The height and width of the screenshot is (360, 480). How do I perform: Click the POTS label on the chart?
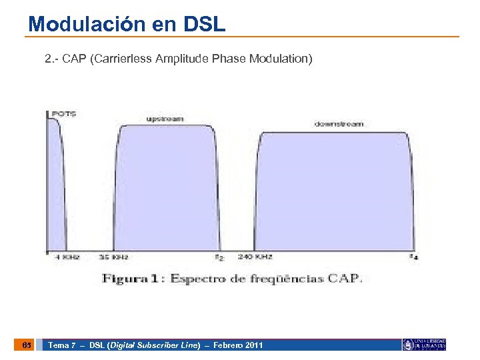(x=64, y=113)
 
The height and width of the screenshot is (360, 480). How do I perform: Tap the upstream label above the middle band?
(x=165, y=119)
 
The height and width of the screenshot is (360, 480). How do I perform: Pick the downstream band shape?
(x=333, y=193)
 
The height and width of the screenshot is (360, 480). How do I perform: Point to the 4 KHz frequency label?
(x=67, y=257)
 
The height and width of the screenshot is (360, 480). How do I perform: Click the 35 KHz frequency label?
(x=113, y=257)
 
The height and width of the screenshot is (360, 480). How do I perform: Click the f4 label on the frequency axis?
(x=414, y=257)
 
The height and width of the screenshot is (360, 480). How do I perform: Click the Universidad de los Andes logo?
(x=423, y=345)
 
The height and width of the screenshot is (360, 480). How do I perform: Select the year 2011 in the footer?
(x=253, y=345)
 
